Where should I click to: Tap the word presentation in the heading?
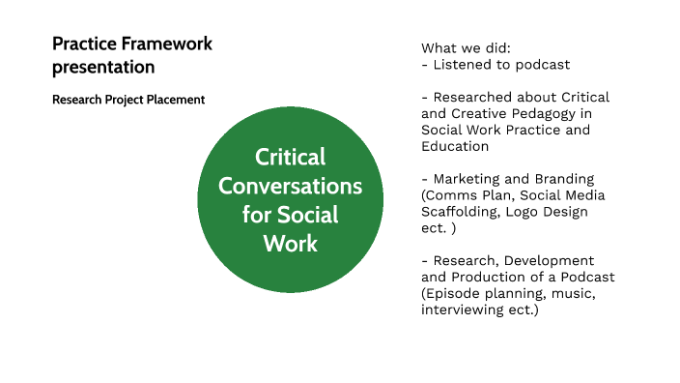pyautogui.click(x=103, y=68)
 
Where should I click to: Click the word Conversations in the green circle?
pyautogui.click(x=290, y=185)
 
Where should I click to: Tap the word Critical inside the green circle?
pyautogui.click(x=290, y=157)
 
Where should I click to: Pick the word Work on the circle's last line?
pyautogui.click(x=290, y=242)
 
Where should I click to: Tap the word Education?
pyautogui.click(x=455, y=146)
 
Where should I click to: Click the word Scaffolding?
pyautogui.click(x=462, y=212)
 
